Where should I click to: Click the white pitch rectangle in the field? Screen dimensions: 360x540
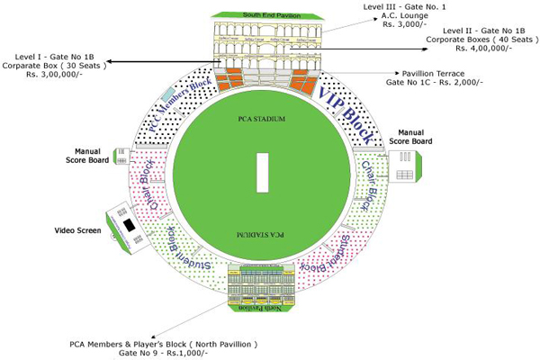pyautogui.click(x=263, y=171)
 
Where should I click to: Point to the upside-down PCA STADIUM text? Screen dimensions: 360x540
pyautogui.click(x=262, y=233)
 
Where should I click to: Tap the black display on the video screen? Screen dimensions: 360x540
pyautogui.click(x=129, y=224)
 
